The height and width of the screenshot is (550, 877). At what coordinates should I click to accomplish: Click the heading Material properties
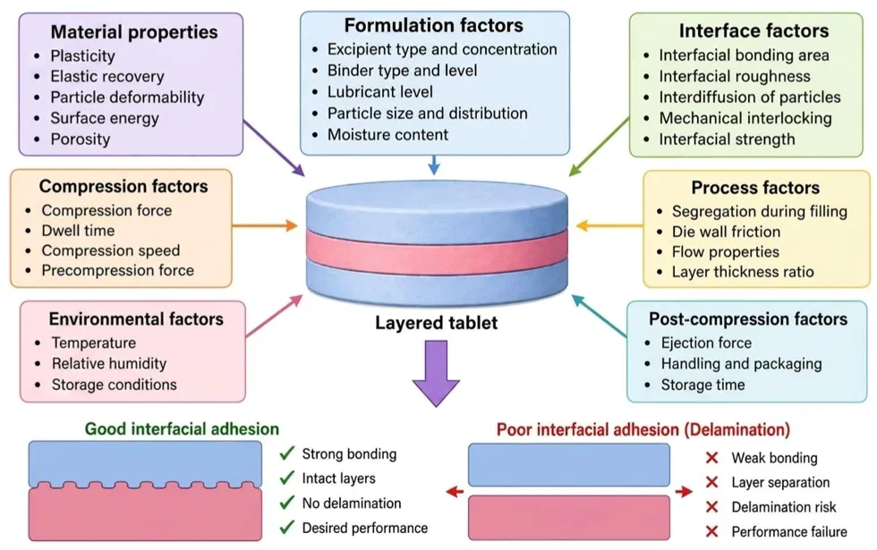click(134, 32)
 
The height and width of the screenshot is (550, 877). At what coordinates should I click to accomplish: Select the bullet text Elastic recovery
click(107, 76)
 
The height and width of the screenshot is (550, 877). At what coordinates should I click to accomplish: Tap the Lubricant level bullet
click(380, 91)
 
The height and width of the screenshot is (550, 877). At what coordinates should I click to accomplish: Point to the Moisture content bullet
click(387, 135)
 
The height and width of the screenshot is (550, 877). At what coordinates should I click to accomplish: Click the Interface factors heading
click(754, 30)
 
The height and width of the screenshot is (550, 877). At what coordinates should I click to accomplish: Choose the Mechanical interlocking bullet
click(745, 118)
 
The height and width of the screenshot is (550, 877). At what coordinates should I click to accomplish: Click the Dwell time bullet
click(78, 231)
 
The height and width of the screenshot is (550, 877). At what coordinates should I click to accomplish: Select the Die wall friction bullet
click(726, 232)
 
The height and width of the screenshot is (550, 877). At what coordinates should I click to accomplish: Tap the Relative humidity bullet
click(109, 363)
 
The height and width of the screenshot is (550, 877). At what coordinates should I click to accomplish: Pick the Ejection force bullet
click(706, 343)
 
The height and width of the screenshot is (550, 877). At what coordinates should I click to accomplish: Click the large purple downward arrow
click(437, 372)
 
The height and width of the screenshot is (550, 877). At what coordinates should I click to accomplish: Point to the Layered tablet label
click(437, 323)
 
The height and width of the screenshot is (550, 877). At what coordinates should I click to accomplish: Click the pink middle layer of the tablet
click(437, 252)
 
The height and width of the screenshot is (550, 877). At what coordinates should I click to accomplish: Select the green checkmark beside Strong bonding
click(287, 453)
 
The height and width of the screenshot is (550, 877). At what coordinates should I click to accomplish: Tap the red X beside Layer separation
click(712, 482)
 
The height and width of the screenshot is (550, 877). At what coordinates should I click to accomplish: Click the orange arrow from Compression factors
click(265, 225)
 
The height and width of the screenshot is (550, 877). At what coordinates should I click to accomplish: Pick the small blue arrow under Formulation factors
click(434, 165)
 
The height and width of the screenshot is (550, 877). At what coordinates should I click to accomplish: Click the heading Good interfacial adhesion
click(182, 428)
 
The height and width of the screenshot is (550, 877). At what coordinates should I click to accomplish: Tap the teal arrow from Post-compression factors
click(599, 316)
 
